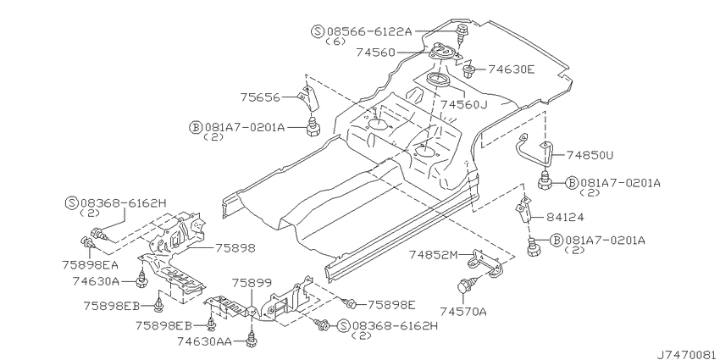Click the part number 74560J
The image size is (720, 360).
coord(464,105)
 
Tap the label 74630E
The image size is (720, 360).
coord(511,69)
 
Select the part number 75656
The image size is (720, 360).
coord(260,97)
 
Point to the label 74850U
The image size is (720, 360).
coord(590,156)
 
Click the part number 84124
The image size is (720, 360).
coord(565,217)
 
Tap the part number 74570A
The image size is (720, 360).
coord(462,313)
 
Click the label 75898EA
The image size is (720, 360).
coord(91,265)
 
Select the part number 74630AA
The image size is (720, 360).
coord(205,341)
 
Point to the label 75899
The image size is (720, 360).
coord(252,282)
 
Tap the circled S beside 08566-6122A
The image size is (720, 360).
coord(318,31)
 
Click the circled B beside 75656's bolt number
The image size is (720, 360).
coord(196,127)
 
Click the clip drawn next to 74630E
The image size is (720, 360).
coord(468,71)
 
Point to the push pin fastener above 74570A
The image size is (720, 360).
coord(465,285)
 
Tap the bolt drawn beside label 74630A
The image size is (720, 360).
coord(142,280)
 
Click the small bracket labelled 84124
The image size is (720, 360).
coord(523,209)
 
